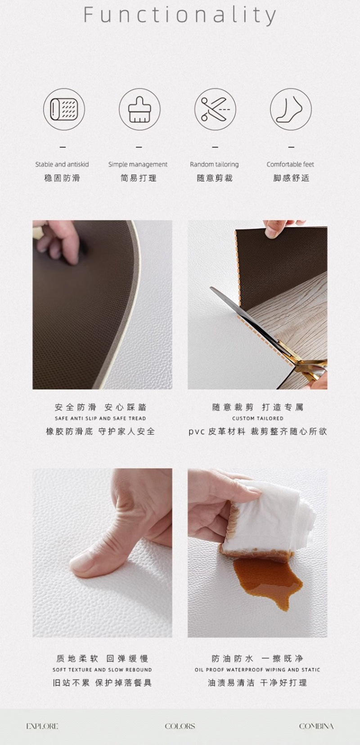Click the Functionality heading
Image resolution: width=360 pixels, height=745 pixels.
(180, 15)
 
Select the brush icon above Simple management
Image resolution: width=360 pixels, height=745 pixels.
(139, 109)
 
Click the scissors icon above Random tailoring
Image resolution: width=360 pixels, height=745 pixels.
(215, 109)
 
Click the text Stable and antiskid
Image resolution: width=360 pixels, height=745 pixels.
(62, 164)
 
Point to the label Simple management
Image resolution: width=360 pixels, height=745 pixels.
(138, 164)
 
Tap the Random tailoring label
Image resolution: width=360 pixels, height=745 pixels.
(214, 164)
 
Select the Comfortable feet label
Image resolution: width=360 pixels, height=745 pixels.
(290, 164)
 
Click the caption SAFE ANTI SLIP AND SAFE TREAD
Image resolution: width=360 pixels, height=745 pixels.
(100, 418)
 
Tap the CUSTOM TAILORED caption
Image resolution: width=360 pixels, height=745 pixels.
(257, 418)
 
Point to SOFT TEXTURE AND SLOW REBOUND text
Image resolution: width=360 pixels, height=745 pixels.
(102, 669)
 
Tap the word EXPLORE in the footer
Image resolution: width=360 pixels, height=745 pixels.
(42, 726)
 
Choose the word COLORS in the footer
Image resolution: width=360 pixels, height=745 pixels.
(180, 726)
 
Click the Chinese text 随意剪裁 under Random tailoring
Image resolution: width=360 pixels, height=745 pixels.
(215, 178)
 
